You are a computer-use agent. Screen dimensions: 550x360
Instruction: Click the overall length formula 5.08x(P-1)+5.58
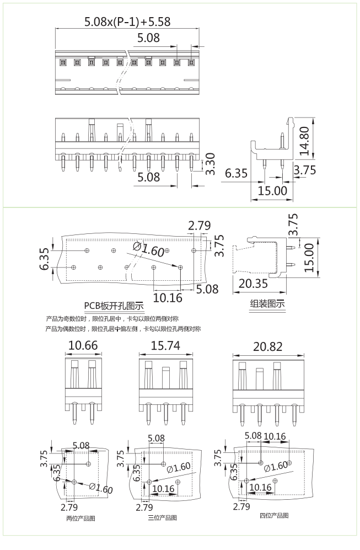point(127,22)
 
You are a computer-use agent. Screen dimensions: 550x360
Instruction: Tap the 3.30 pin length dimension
point(210,164)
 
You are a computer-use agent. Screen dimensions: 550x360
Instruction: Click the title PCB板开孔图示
point(114,306)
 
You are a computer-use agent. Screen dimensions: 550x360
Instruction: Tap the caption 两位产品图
point(80,518)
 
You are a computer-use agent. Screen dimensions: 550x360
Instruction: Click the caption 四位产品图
point(274,516)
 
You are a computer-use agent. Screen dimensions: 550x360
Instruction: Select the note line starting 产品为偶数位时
point(123,329)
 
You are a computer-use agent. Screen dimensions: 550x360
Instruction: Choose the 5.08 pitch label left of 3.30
point(148,177)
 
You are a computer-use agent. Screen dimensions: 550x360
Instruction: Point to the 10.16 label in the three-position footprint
point(163,489)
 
